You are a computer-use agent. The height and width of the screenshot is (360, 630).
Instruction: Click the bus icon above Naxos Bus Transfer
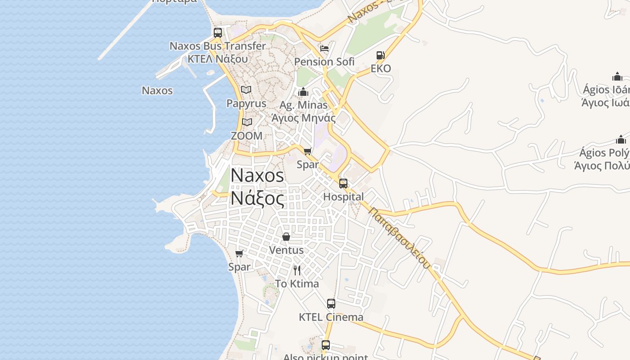click(x=218, y=32)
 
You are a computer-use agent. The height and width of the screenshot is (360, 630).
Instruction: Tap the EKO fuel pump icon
click(x=380, y=55)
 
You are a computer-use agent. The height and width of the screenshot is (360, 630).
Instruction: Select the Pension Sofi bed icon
click(x=324, y=49)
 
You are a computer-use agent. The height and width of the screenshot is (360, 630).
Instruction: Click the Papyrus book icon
click(x=246, y=90)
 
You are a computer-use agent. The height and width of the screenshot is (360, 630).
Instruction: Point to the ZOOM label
click(x=247, y=135)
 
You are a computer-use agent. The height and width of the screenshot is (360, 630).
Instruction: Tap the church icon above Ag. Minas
click(x=303, y=92)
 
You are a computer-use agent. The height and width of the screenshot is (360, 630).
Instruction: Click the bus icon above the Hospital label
click(x=343, y=184)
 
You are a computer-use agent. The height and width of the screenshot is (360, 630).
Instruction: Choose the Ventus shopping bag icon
click(x=286, y=237)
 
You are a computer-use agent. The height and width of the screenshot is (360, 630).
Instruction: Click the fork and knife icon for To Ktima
click(x=297, y=270)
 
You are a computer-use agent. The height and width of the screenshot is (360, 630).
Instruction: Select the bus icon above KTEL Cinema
click(x=331, y=304)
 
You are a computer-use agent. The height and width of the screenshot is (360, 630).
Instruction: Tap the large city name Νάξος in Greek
click(x=258, y=198)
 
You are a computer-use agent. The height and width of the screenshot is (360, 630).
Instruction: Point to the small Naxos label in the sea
click(x=157, y=90)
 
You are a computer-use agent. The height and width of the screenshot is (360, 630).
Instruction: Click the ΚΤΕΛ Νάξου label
click(x=218, y=58)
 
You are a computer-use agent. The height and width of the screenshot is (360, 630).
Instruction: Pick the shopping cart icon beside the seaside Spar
click(x=239, y=254)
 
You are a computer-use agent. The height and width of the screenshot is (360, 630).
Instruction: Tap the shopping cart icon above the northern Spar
click(x=308, y=151)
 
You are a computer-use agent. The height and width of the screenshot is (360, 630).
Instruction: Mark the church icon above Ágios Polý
click(x=621, y=139)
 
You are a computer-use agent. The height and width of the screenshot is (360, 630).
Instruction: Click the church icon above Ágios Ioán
click(x=617, y=76)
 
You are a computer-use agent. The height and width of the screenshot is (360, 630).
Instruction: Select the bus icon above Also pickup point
click(x=326, y=345)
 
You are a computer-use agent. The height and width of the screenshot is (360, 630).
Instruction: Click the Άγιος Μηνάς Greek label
click(x=303, y=118)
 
